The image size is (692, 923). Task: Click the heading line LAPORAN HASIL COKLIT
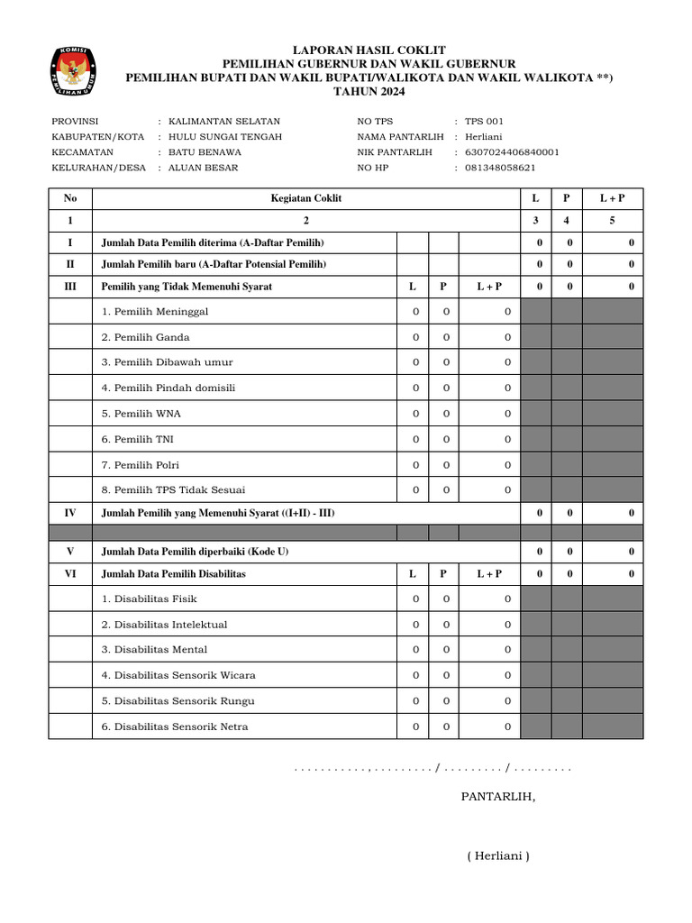(369, 50)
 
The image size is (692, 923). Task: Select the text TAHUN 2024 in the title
(369, 92)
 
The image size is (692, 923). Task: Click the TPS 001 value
(485, 121)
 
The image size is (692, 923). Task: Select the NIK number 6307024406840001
(512, 152)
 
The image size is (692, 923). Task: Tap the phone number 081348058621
(500, 168)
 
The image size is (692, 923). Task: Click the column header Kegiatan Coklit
(306, 198)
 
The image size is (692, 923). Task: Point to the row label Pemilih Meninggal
(155, 312)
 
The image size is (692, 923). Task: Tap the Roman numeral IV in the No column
(70, 513)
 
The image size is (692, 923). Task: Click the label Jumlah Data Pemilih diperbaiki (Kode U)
(196, 551)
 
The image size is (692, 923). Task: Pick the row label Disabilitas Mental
(154, 650)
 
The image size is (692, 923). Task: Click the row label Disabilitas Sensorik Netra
(175, 727)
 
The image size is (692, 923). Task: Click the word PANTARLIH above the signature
(498, 797)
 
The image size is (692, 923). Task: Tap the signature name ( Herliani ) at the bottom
(498, 856)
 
